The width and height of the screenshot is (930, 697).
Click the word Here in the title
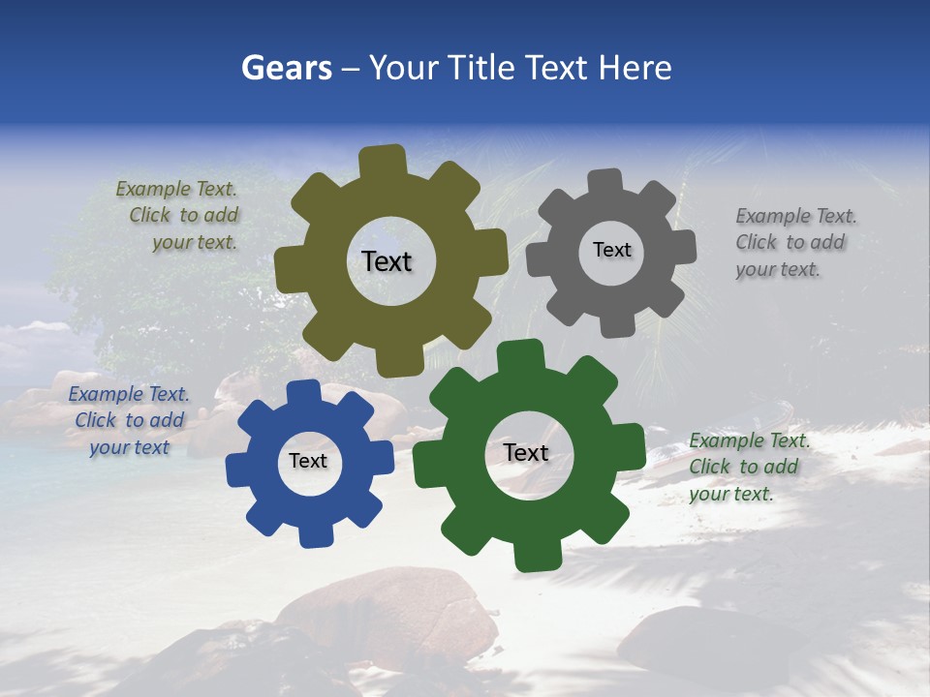pos(635,68)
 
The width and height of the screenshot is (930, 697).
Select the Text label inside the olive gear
pos(387,261)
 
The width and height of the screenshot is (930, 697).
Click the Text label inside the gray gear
pos(611,250)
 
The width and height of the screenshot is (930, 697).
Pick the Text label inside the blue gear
pos(308,462)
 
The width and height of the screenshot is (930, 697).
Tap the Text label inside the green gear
pos(526,452)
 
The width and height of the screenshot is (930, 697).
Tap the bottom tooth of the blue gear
pos(314,532)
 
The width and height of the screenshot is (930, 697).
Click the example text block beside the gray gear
pos(794,243)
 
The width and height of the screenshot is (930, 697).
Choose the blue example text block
pos(129,420)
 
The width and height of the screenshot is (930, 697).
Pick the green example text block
pos(748,467)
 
